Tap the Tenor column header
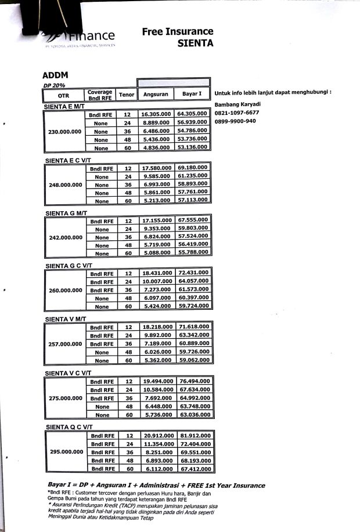coord(126,95)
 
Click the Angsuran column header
coord(155,95)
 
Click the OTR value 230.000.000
coord(64,132)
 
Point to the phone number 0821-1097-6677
coord(237,113)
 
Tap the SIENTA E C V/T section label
coord(68,160)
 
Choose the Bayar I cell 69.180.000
coord(193,168)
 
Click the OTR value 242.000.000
coord(64,237)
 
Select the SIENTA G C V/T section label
coord(68,266)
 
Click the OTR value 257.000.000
coord(64,344)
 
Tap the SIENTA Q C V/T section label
coord(68,427)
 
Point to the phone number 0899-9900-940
coord(235,121)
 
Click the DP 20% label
coord(53,85)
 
